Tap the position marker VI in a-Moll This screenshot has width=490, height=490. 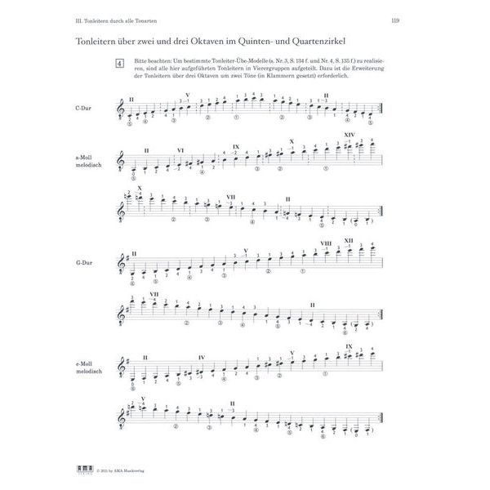pyautogui.click(x=180, y=150)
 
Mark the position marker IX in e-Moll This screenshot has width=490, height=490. pyautogui.click(x=349, y=346)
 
